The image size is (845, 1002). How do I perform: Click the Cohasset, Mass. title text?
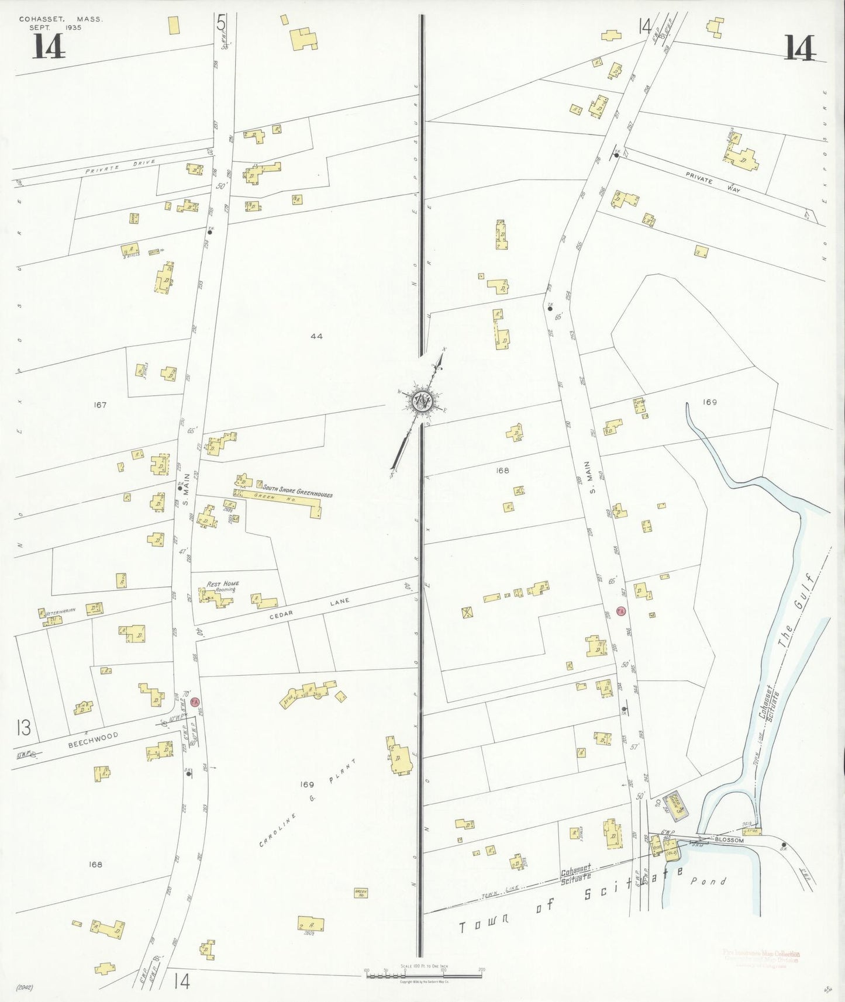[x=60, y=19]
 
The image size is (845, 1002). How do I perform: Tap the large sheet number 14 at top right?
[x=799, y=48]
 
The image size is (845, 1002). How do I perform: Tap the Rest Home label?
[x=222, y=584]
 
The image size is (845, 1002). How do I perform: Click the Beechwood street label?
[x=93, y=740]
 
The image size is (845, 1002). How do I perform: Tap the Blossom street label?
[x=729, y=840]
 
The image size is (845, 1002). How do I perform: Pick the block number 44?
[x=316, y=336]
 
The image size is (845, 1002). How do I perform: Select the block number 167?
[x=100, y=405]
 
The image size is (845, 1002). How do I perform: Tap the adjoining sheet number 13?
[x=23, y=728]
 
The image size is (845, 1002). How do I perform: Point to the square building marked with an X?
[x=467, y=612]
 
